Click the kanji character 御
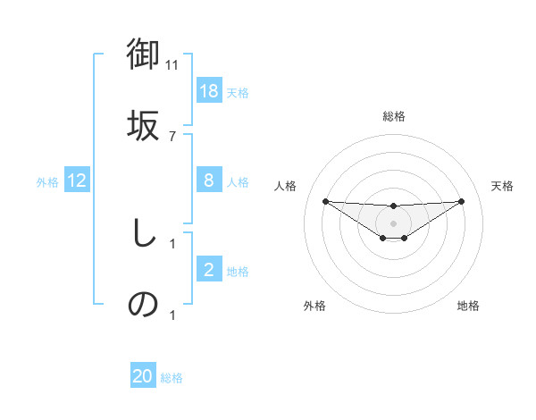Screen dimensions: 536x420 [x=144, y=55]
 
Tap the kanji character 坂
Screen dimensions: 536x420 [x=144, y=123]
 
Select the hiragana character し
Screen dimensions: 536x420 [x=143, y=234]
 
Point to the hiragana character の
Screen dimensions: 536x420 [x=143, y=304]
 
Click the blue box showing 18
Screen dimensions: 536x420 [x=208, y=91]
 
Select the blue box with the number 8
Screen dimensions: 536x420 [x=208, y=181]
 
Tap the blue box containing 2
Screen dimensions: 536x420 [x=208, y=270]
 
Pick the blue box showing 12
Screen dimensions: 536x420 [x=77, y=181]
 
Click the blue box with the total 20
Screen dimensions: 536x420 [x=143, y=376]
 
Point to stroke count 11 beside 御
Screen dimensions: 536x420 [x=172, y=65]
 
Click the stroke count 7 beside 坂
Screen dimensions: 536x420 [x=172, y=136]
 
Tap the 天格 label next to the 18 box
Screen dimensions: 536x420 [x=237, y=92]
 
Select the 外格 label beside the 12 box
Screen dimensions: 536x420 [x=47, y=181]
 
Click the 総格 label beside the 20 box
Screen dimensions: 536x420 [x=172, y=377]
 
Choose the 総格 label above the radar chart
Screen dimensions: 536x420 [x=393, y=116]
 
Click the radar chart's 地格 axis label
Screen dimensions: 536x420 [x=468, y=306]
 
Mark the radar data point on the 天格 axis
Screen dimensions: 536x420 [x=461, y=201]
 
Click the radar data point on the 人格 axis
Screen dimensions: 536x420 [x=325, y=201]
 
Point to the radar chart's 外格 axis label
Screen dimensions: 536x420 [x=314, y=306]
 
